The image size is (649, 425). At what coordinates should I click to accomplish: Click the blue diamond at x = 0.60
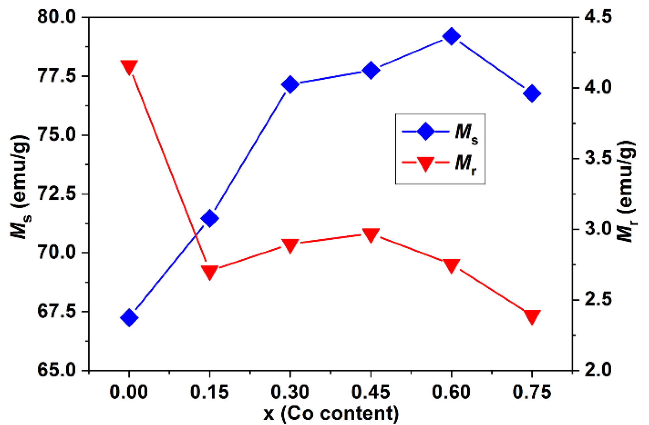click(451, 36)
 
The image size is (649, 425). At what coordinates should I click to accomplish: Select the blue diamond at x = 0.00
click(129, 317)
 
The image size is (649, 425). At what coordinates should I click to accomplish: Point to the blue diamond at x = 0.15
click(210, 219)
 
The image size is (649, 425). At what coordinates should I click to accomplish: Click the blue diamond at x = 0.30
click(290, 85)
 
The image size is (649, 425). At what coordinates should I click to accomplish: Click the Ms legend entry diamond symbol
click(425, 132)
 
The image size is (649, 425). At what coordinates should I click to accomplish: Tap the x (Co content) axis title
click(331, 413)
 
